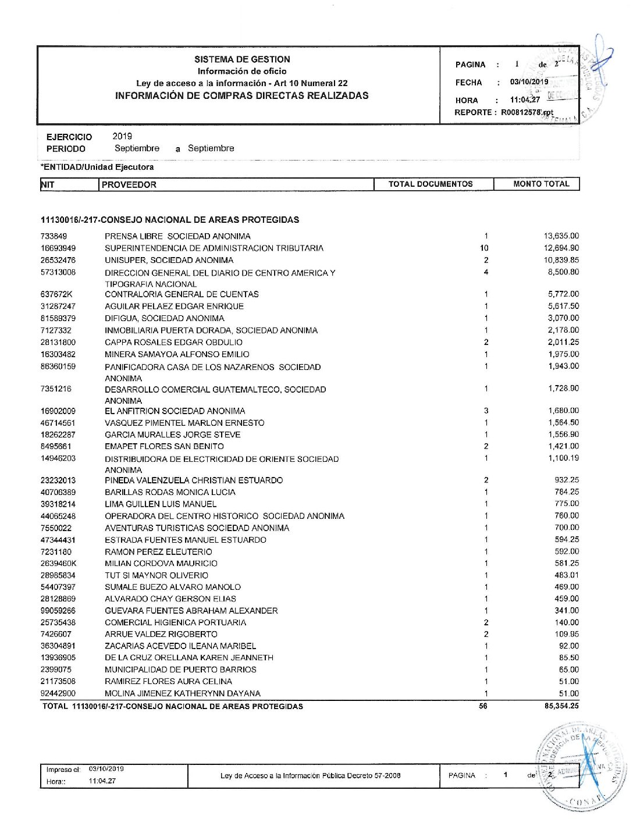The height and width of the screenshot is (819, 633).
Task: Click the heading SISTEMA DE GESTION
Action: (242, 59)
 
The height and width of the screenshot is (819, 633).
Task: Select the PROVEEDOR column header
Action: (129, 185)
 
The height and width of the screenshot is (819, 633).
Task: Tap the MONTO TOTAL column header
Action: (541, 184)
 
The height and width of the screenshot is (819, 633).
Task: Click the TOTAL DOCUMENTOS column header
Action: (431, 184)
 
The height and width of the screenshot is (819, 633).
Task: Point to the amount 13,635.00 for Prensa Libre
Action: (561, 236)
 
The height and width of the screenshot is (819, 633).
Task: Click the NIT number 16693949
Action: (58, 248)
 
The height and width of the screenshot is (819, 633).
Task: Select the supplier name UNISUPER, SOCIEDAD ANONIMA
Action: (169, 260)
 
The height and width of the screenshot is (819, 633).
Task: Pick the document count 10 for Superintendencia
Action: (484, 248)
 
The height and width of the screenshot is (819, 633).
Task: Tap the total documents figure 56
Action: (483, 706)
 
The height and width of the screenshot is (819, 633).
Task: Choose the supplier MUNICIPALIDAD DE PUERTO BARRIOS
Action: (180, 670)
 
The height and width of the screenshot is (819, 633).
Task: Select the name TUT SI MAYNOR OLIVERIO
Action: (156, 575)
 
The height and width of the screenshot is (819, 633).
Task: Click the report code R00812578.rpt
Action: (527, 112)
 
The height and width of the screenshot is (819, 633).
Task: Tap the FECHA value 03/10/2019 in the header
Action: (529, 82)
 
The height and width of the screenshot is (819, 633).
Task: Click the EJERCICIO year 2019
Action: (122, 136)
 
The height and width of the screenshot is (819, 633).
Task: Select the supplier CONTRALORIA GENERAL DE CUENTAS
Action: (182, 294)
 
